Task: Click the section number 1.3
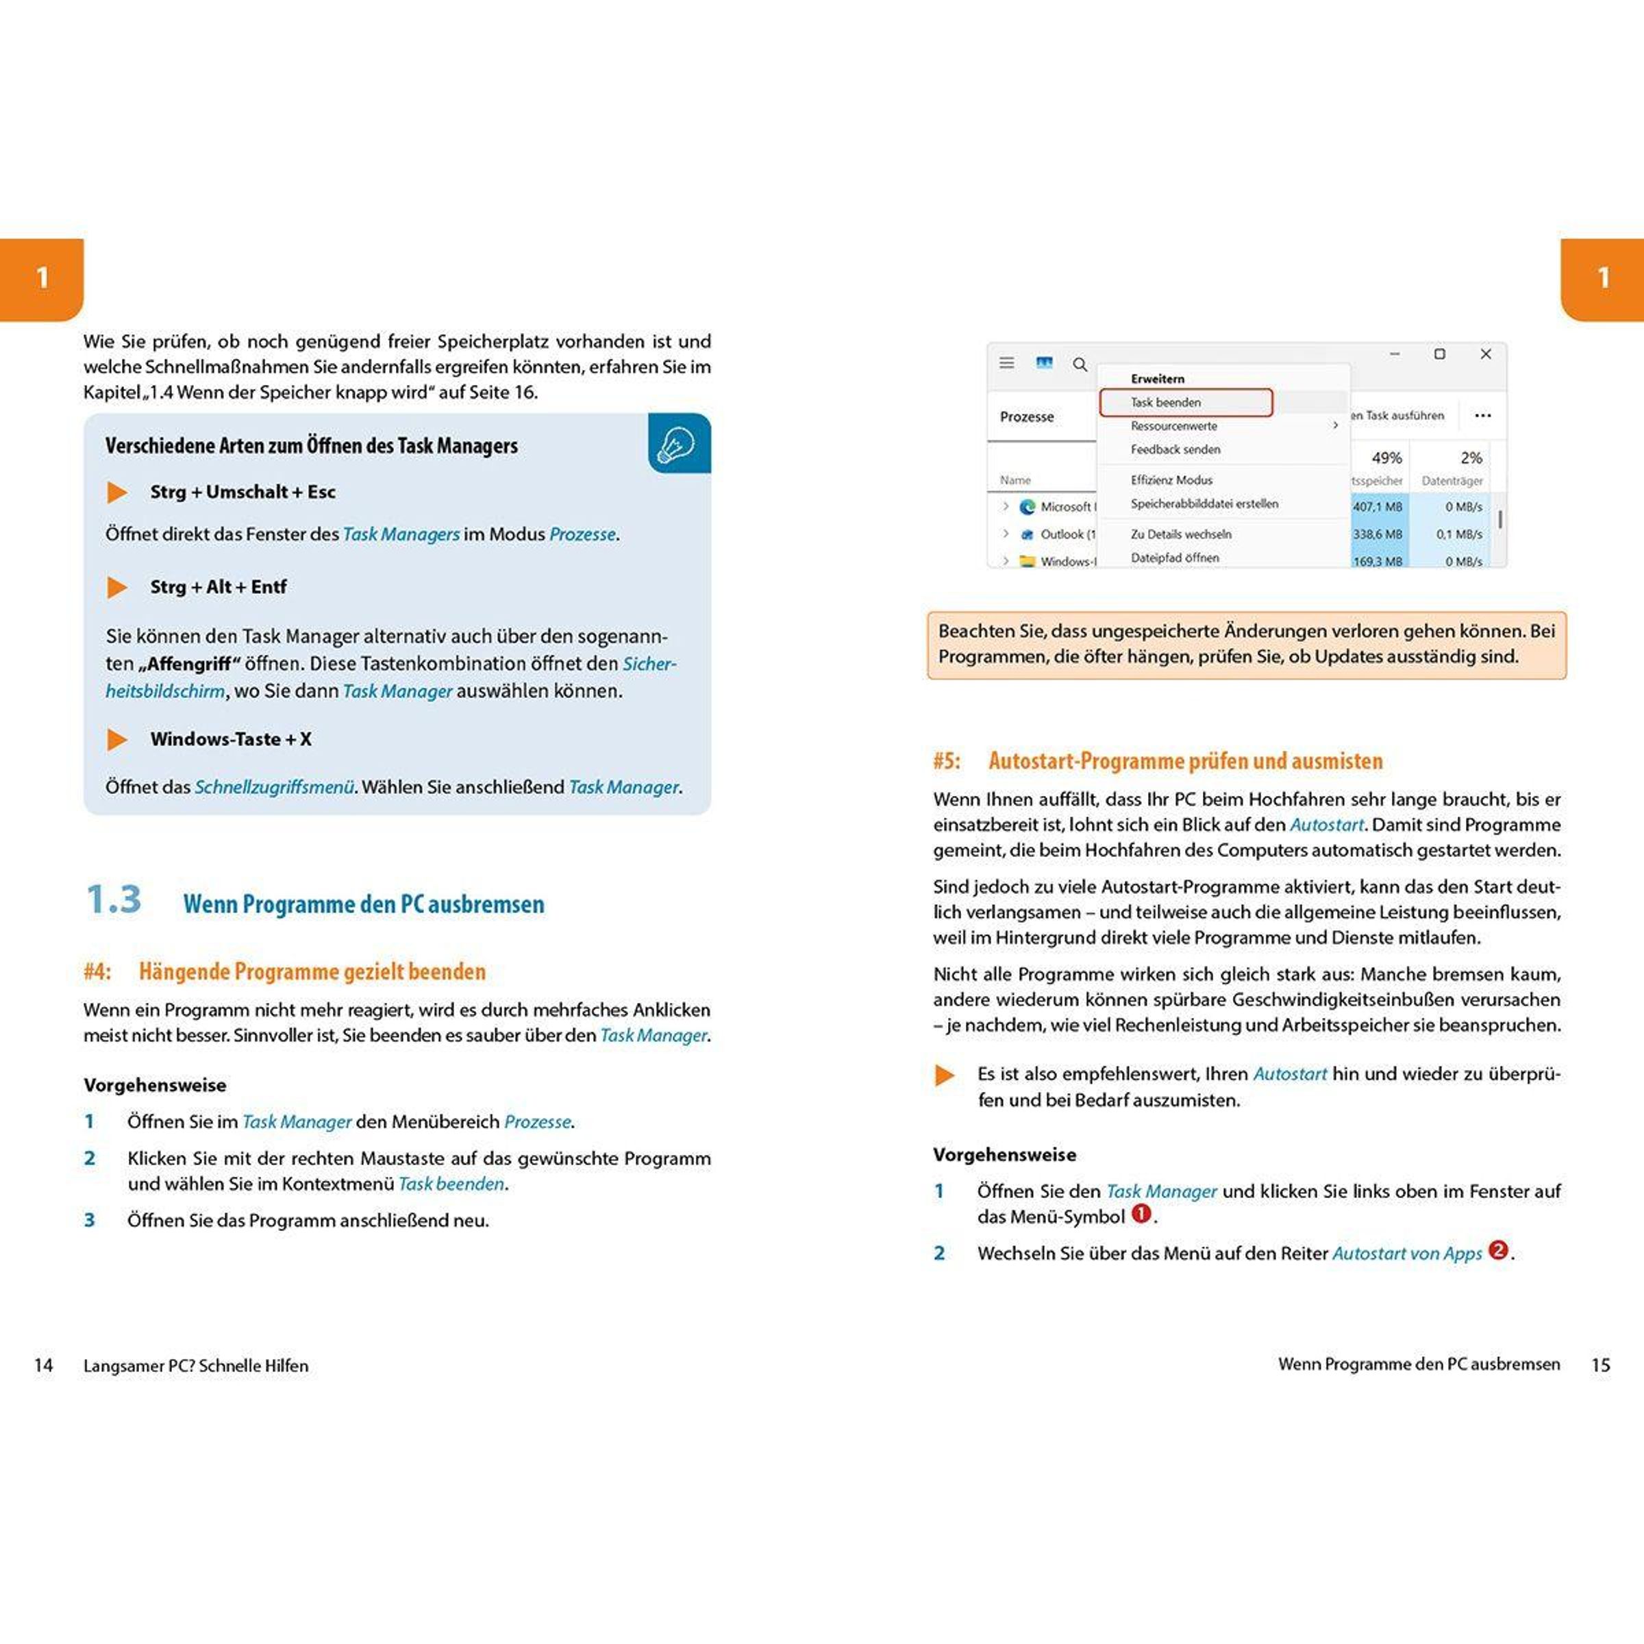113,899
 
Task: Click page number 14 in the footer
43,1366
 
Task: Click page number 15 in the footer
1601,1366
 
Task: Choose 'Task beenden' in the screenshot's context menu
1166,403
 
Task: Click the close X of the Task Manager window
1486,354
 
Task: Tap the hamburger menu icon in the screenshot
1007,363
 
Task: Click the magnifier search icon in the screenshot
1080,364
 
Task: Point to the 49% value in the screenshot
1386,458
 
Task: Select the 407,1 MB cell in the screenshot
1378,507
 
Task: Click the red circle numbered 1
1141,1215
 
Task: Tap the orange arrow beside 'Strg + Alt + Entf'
116,587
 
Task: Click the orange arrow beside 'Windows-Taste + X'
116,740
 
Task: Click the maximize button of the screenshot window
1440,354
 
